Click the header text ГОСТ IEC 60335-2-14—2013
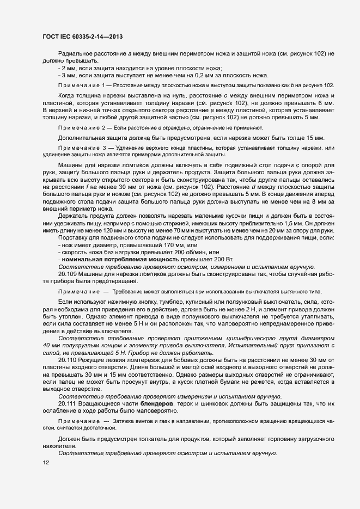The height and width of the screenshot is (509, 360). [82, 37]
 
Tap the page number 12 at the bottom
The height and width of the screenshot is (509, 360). [46, 463]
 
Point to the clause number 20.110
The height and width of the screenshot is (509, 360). [68, 360]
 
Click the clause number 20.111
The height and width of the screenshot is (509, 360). [68, 404]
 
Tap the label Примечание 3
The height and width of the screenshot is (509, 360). [82, 148]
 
